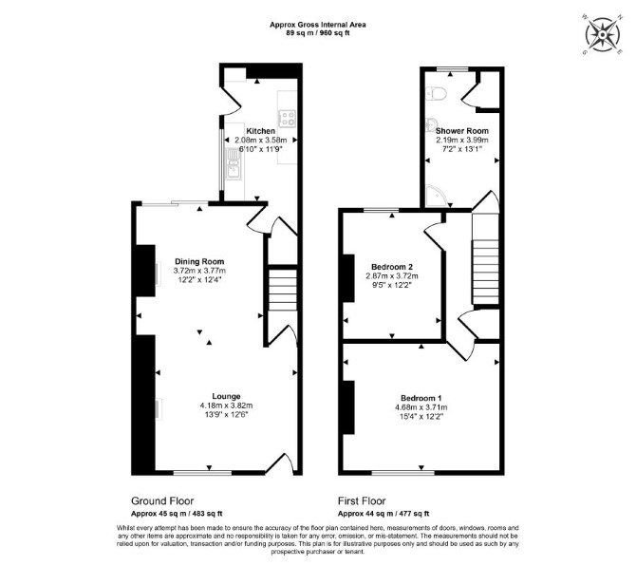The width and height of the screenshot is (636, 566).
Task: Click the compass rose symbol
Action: coord(603,34)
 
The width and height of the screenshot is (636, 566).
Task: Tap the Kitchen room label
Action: coord(261,131)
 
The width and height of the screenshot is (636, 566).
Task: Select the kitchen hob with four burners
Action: coord(288,118)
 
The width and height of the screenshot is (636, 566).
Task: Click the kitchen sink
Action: coord(234,163)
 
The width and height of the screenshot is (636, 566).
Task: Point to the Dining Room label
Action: coord(199,262)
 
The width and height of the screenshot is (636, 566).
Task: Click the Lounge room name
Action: coord(226,396)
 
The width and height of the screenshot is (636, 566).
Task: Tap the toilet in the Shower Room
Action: coord(437,94)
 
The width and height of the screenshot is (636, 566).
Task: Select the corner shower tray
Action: coord(437,196)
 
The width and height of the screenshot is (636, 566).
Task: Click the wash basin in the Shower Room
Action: coord(432,125)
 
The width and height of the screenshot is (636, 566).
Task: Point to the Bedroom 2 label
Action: coord(392,267)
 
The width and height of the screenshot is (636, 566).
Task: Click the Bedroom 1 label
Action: coord(421,398)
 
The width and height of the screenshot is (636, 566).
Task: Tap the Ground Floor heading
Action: coord(162,501)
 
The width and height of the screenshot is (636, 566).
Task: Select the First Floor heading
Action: coord(362,501)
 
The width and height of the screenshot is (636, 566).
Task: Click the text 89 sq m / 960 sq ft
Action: coord(318,33)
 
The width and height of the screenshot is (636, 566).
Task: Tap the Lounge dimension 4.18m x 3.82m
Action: coord(226,406)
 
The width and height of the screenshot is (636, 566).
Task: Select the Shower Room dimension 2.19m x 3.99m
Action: coord(462,140)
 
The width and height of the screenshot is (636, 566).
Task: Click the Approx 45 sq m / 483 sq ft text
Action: coord(177,514)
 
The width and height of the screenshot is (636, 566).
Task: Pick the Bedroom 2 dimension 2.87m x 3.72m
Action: coord(392,276)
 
